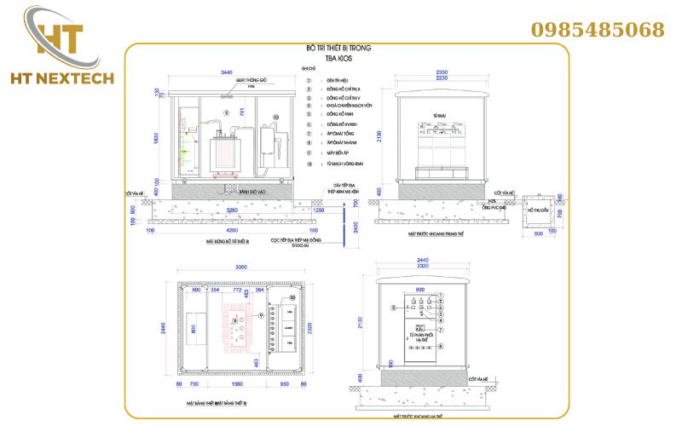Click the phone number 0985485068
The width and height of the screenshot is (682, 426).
click(598, 30)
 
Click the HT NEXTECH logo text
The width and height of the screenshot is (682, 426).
click(50, 79)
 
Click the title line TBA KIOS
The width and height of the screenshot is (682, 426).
click(338, 59)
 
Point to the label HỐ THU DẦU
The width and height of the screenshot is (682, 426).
click(538, 210)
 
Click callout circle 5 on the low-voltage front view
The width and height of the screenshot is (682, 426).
click(393, 308)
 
